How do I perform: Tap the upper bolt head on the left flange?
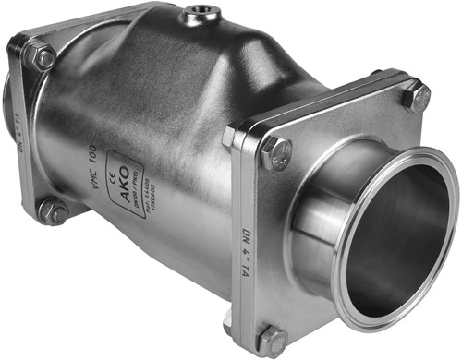pos(41,58)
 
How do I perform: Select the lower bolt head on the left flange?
pos(52,211)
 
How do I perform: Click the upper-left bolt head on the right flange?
pos(275,153)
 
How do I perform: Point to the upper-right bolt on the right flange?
pos(415,96)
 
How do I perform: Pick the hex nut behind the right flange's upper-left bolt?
pos(230,138)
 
